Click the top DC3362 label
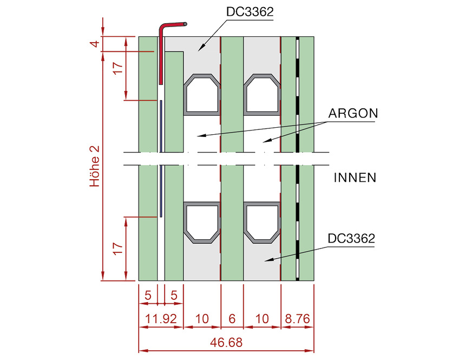250,12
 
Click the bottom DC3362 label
351,238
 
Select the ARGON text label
353,114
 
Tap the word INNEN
355,178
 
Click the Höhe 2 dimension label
95,166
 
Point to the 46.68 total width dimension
226,343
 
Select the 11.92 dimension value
161,319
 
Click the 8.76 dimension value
297,319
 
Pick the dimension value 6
232,319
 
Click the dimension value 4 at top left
95,44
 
